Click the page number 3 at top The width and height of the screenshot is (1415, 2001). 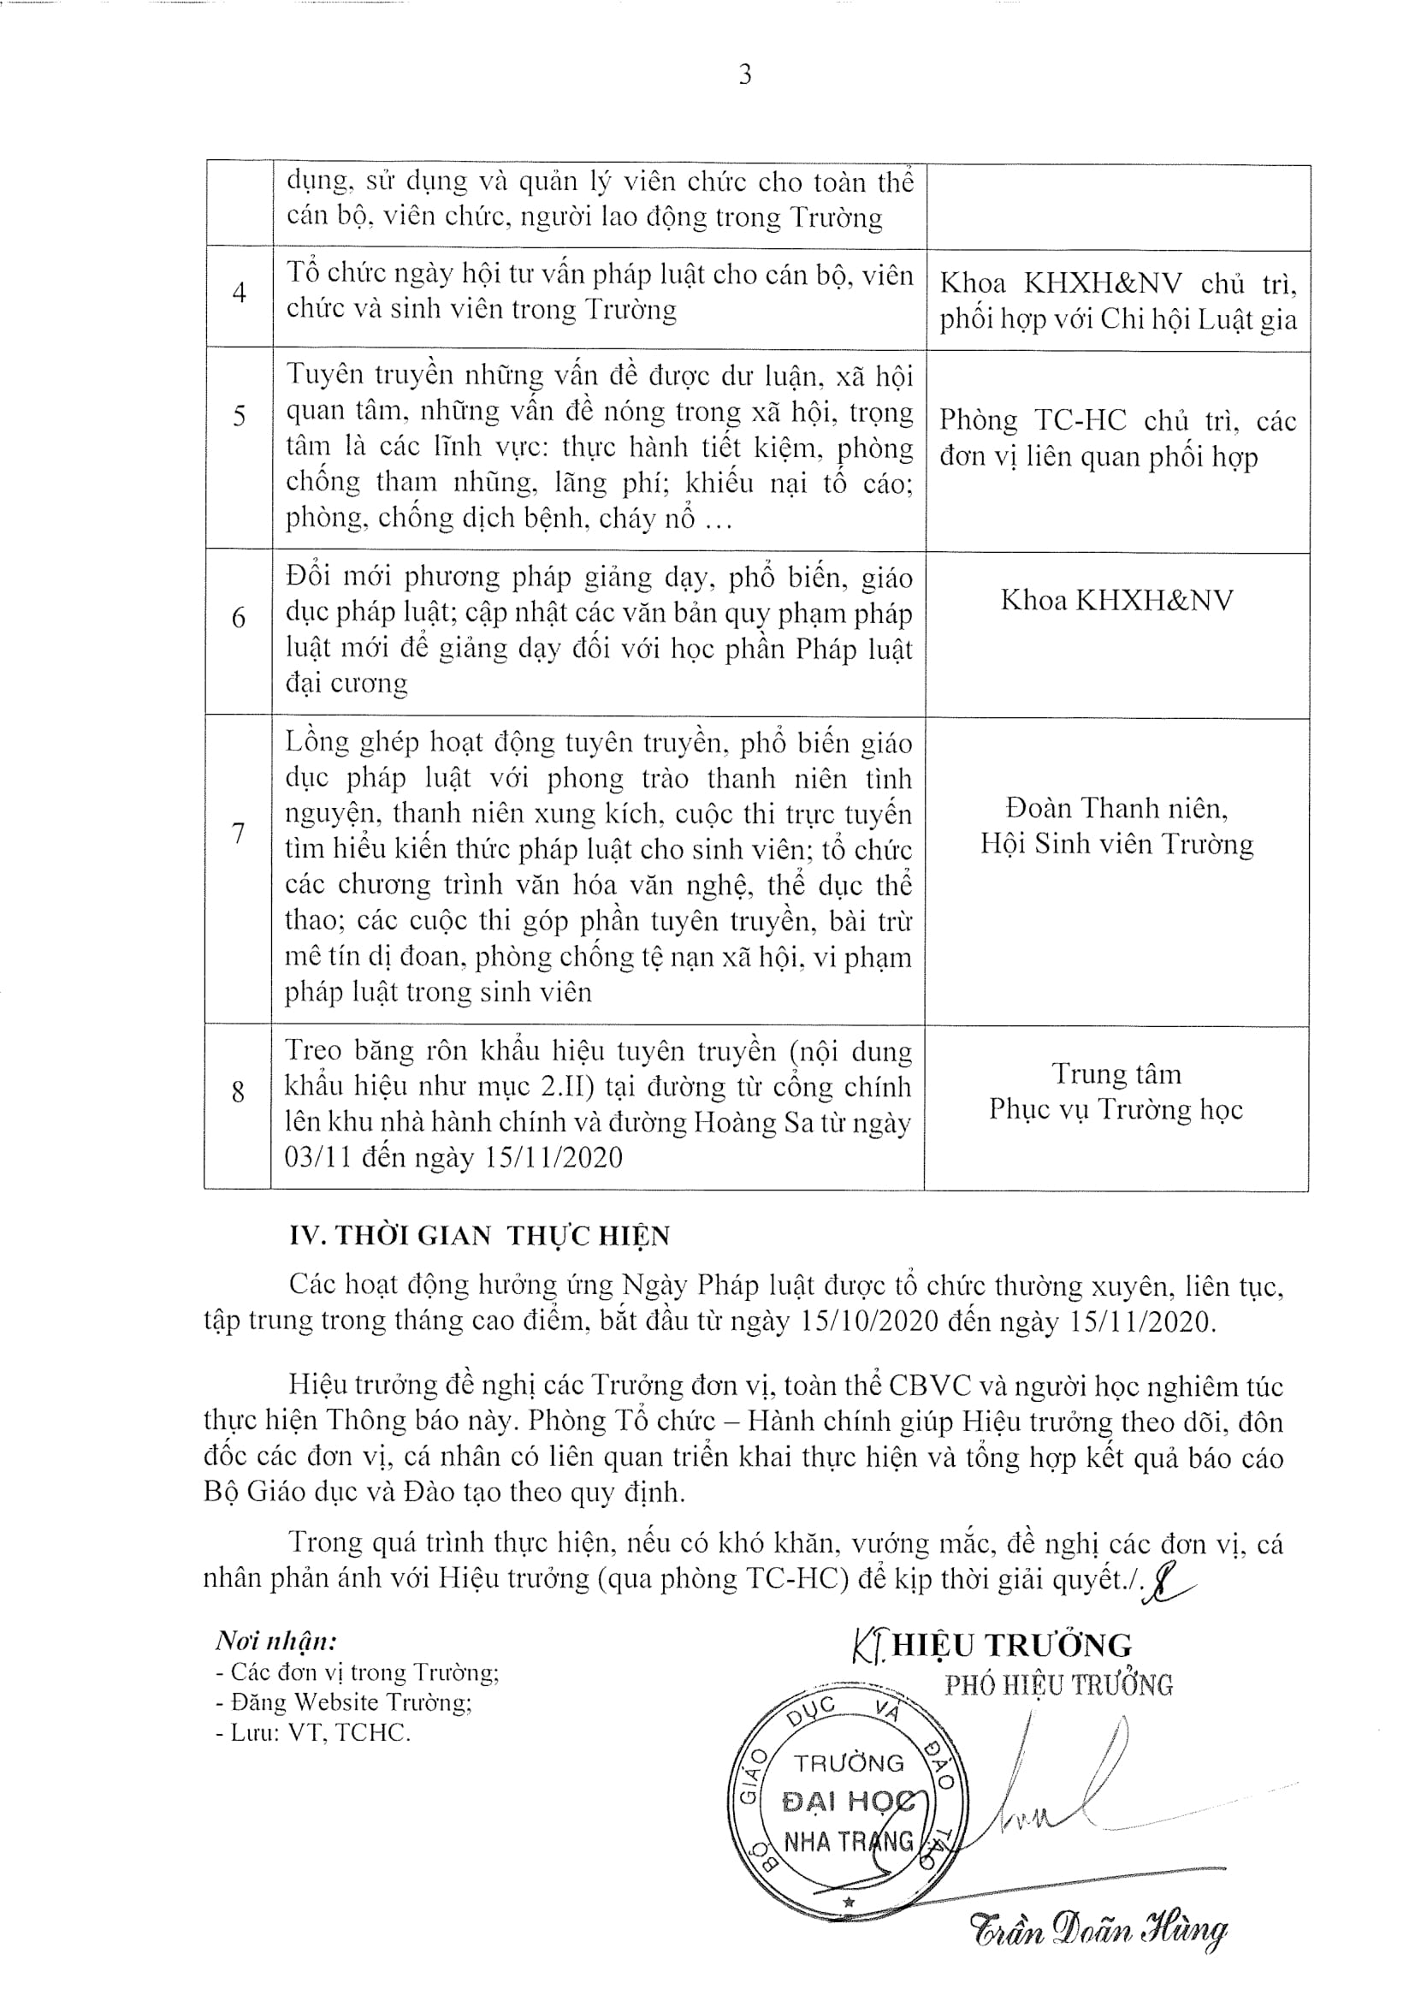click(x=745, y=75)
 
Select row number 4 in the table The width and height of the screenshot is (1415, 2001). click(x=239, y=293)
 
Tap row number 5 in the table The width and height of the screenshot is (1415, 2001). click(x=239, y=416)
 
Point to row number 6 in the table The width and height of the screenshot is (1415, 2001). click(x=239, y=618)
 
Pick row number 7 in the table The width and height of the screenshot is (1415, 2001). click(x=238, y=833)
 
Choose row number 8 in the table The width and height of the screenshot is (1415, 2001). click(x=238, y=1091)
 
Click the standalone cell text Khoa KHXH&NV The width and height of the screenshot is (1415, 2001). click(x=1116, y=601)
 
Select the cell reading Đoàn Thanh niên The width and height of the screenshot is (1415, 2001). click(x=1116, y=809)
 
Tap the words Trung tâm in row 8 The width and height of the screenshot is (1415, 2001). click(x=1116, y=1074)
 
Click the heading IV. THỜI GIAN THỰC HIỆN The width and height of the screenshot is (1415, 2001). click(x=480, y=1236)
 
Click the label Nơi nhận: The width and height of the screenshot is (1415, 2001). click(x=275, y=1641)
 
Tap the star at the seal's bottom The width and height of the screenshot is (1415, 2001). click(x=848, y=1903)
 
